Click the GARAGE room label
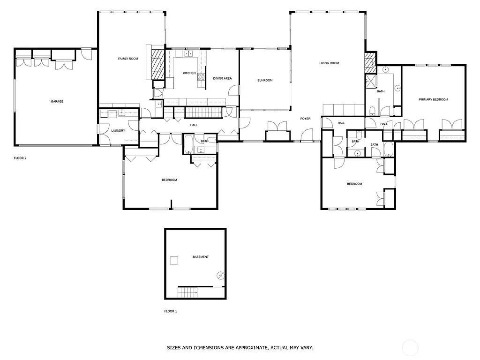[x=57, y=101]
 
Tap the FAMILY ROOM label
[x=127, y=59]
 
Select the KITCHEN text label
[x=189, y=73]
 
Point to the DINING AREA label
[x=222, y=78]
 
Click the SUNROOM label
[x=265, y=81]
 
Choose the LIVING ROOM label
[x=329, y=63]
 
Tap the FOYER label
[x=306, y=119]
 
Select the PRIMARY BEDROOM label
[x=434, y=99]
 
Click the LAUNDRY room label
[x=118, y=131]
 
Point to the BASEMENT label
[x=201, y=257]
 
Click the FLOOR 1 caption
[x=171, y=311]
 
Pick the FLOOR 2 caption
[x=20, y=158]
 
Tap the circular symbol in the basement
[x=220, y=275]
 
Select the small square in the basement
[x=174, y=261]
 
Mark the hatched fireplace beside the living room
[x=370, y=62]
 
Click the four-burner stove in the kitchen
[x=201, y=77]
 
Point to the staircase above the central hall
[x=203, y=112]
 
